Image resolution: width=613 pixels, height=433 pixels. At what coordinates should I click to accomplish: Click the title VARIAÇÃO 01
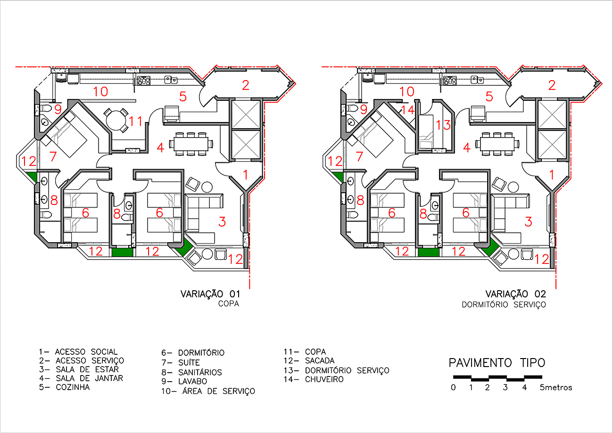[x=210, y=294]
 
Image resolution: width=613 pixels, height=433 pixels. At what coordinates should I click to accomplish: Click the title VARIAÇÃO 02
[x=515, y=294]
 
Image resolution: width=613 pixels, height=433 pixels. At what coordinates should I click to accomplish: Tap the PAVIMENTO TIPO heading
[x=497, y=363]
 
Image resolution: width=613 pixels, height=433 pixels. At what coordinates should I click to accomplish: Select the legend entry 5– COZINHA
[x=64, y=387]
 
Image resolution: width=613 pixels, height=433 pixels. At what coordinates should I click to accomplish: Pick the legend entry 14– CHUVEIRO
[x=314, y=379]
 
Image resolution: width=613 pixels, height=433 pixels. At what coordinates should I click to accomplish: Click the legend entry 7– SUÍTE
[x=181, y=362]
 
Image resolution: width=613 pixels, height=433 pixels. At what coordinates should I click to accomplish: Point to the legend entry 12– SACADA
[x=309, y=360]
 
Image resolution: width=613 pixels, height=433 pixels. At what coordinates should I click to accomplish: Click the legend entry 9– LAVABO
[x=184, y=381]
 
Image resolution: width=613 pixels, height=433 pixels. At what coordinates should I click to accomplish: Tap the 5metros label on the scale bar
[x=556, y=387]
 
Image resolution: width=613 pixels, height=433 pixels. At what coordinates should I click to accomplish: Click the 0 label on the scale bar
[x=453, y=387]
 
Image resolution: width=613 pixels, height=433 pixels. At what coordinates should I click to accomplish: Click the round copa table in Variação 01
[x=116, y=120]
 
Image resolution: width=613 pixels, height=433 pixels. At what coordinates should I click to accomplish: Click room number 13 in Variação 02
[x=443, y=125]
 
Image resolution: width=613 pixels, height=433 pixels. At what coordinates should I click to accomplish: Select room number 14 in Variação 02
[x=407, y=110]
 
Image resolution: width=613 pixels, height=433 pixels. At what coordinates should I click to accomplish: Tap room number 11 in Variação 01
[x=136, y=121]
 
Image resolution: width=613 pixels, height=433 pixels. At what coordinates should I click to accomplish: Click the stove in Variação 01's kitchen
[x=144, y=81]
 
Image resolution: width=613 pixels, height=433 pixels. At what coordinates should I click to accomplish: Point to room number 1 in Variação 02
[x=552, y=175]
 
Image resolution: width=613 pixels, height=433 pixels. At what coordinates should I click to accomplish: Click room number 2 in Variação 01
[x=246, y=85]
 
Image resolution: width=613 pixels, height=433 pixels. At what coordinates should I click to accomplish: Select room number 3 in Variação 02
[x=529, y=222]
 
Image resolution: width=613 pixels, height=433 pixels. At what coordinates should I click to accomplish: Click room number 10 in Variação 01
[x=100, y=91]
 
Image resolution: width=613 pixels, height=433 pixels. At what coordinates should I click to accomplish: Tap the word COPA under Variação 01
[x=229, y=304]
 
